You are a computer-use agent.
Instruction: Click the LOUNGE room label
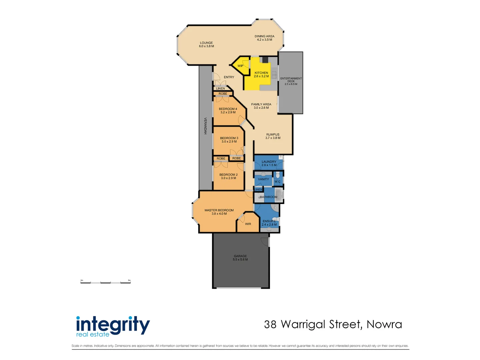coord(206,44)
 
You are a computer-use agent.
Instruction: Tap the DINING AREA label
coord(264,38)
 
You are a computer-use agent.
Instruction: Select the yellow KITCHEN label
coord(261,74)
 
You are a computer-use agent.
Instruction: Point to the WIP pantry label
coord(240,66)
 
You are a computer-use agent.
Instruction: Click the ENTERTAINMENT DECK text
coord(291,81)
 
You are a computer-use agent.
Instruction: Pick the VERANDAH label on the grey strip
coord(205,126)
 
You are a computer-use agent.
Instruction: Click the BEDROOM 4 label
coord(228,111)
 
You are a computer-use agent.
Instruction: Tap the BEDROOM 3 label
coord(229,140)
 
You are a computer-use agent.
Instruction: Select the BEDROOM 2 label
coord(228,176)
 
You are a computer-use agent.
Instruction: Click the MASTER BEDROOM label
coord(219,212)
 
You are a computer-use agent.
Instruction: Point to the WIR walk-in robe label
coord(248,224)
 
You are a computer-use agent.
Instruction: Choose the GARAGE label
coord(240,258)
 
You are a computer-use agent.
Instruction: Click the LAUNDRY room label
coord(269,163)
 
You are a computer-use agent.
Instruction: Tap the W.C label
coord(277,182)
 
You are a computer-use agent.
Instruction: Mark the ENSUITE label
coord(269,223)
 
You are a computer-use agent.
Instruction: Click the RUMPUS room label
coord(273,136)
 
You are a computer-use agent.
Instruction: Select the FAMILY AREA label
coord(261,106)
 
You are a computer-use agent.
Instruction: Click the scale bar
coord(106,282)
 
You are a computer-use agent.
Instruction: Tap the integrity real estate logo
coord(113,326)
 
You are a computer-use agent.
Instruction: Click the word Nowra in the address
coord(384,324)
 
